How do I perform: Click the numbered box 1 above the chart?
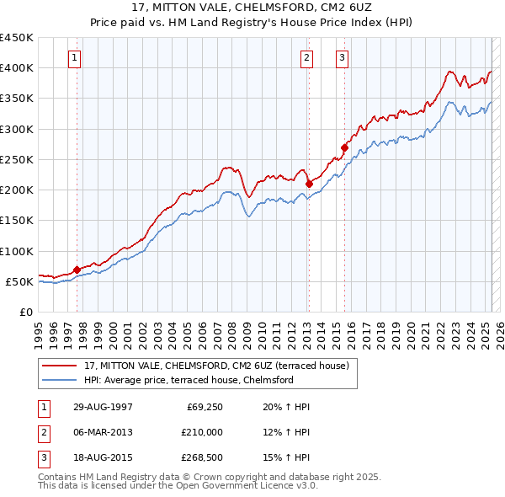[x=76, y=58]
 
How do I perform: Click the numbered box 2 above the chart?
[x=306, y=58]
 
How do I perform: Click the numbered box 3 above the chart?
[x=343, y=58]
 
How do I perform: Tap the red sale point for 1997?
[x=77, y=270]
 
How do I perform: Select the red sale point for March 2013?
[x=309, y=184]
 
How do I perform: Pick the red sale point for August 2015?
[x=344, y=147]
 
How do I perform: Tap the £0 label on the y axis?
[x=25, y=312]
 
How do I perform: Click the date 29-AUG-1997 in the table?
[x=103, y=407]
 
